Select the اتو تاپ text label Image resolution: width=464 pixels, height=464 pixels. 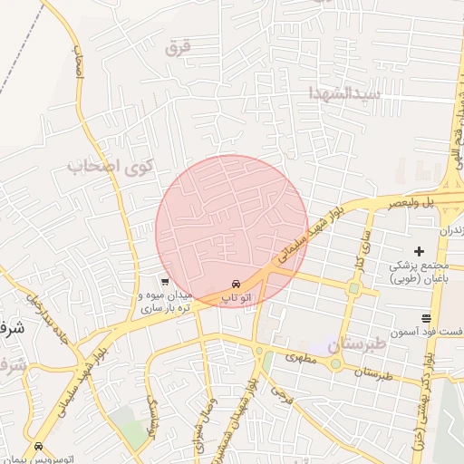pyautogui.click(x=237, y=297)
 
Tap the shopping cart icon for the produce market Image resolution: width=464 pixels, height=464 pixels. pyautogui.click(x=162, y=282)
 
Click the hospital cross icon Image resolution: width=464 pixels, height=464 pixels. pyautogui.click(x=419, y=250)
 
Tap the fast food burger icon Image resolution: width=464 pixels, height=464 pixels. pyautogui.click(x=426, y=317)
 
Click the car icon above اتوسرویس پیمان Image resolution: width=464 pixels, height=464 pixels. pyautogui.click(x=38, y=447)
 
